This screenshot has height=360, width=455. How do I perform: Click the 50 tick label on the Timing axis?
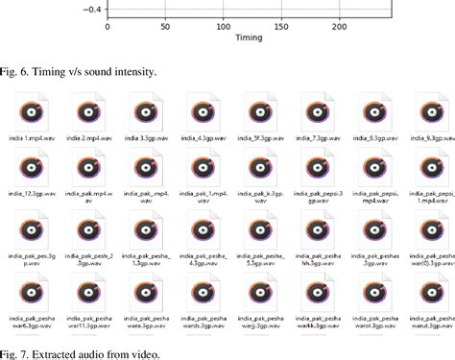165,27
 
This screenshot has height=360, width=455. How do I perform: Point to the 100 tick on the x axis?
224,27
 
